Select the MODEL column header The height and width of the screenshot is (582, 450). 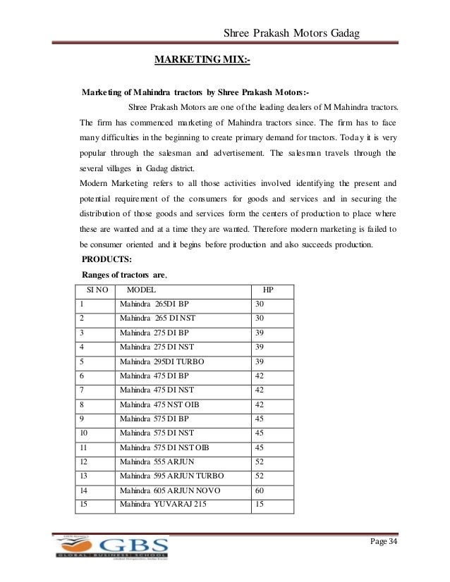pyautogui.click(x=141, y=290)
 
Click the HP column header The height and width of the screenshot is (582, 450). pyautogui.click(x=268, y=290)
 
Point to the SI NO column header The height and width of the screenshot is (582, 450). pyautogui.click(x=96, y=290)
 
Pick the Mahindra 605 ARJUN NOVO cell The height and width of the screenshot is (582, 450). pyautogui.click(x=162, y=490)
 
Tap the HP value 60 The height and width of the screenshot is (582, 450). pyautogui.click(x=260, y=490)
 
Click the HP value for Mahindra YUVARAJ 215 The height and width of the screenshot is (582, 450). pyautogui.click(x=260, y=505)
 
